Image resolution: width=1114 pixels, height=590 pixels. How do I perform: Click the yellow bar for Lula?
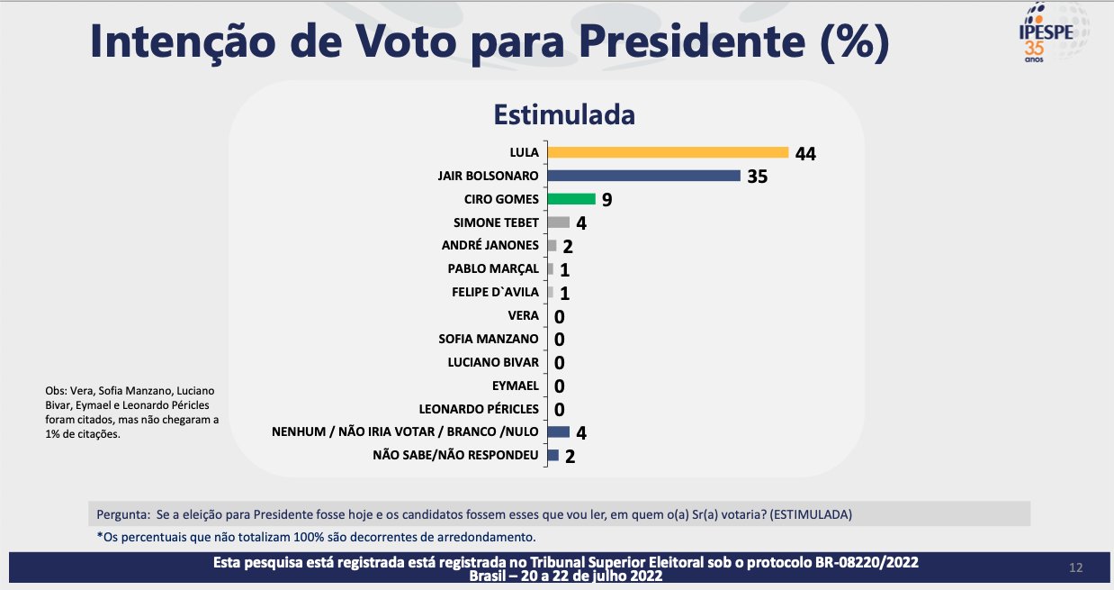pos(668,152)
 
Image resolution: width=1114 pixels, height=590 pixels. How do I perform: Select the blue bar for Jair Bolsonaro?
pos(643,176)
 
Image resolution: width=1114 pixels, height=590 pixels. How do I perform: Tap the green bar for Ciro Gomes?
pos(571,199)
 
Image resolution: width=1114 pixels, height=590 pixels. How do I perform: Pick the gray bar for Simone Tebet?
pos(558,222)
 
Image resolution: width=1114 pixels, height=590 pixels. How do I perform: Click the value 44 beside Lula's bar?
pos(805,153)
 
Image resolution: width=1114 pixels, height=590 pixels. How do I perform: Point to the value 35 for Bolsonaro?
pos(757,177)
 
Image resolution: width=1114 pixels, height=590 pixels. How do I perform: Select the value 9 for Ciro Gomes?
pos(606,200)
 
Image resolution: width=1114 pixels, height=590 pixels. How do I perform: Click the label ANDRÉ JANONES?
pos(490,246)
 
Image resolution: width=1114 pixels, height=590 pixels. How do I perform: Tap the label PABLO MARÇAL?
pos(493,268)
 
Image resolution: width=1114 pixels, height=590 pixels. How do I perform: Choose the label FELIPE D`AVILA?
pos(495,292)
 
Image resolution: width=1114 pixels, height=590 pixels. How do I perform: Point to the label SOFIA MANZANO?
pos(489,339)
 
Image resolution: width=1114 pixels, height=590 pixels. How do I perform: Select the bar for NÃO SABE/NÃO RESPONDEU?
pos(553,455)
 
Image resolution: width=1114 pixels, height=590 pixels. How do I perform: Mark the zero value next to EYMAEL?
pos(559,386)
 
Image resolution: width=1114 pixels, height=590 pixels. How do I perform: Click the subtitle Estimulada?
pos(563,115)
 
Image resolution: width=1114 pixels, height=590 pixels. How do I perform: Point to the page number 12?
pos(1075,567)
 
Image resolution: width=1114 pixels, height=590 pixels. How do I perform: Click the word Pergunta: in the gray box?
pos(122,514)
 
